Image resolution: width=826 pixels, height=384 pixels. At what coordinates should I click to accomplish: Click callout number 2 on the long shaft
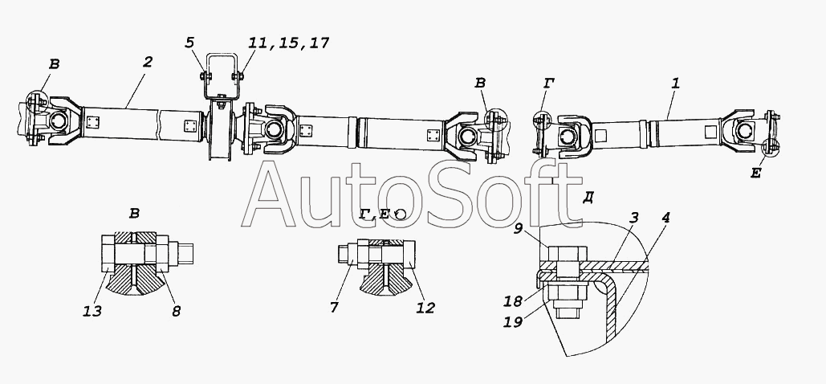(148, 62)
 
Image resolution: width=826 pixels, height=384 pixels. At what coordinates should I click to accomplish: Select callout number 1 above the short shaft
(676, 83)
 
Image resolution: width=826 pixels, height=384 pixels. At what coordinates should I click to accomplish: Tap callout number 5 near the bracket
(190, 43)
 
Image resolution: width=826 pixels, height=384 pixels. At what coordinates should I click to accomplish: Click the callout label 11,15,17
(289, 43)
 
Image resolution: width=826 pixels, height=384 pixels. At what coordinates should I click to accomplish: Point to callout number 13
(92, 311)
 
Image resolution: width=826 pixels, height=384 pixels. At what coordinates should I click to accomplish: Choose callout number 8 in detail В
(176, 311)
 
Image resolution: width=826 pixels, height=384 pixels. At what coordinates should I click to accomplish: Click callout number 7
(335, 307)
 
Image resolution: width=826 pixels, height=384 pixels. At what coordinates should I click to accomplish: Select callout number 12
(425, 308)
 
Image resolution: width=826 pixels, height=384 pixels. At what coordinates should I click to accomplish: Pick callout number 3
(634, 218)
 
